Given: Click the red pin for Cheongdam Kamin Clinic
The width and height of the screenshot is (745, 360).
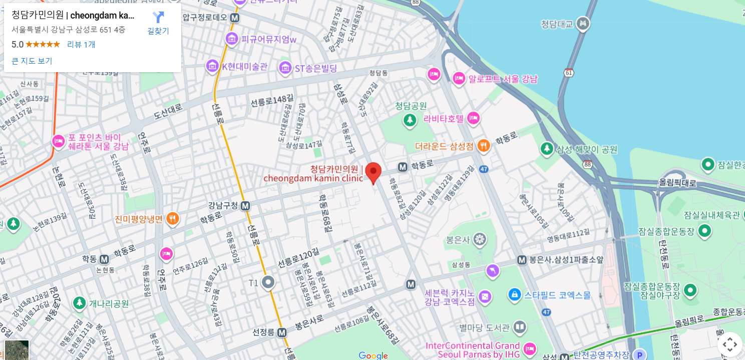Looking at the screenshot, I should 373,172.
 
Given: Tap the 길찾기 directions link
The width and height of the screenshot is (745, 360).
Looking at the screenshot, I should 158,23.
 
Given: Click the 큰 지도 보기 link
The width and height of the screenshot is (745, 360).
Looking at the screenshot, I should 32,61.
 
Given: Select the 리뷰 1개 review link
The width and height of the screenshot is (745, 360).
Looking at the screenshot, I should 81,44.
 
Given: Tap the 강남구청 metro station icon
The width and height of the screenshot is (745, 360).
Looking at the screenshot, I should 245,206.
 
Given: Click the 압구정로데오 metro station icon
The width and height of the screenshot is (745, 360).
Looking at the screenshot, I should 234,18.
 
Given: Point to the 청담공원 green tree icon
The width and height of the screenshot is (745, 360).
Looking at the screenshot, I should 410,120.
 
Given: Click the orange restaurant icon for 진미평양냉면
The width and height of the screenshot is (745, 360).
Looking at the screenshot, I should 173,219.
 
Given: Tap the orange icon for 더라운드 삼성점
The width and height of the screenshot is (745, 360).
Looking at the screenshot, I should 483,146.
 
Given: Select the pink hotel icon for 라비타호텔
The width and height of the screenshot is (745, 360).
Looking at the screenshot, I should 473,119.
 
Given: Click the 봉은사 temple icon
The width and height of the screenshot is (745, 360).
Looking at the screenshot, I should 480,239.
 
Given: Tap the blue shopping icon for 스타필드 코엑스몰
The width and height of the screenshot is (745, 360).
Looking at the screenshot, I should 514,295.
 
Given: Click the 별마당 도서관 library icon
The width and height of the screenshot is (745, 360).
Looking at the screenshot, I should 520,328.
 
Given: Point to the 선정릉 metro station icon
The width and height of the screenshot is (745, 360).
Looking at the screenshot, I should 282,332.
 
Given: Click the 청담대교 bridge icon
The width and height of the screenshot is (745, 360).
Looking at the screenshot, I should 583,24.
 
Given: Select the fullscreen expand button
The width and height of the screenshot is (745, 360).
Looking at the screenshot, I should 729,344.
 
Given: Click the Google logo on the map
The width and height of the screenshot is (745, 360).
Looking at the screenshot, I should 374,355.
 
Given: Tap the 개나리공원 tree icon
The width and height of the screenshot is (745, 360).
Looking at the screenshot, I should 79,303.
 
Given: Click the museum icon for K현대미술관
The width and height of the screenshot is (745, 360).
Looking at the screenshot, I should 212,66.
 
